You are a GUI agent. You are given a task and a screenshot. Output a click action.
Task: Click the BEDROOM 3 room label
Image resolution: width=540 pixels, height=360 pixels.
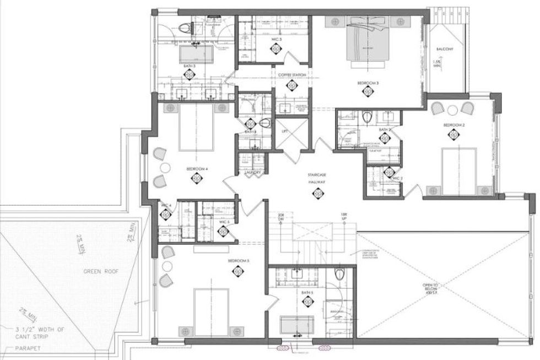[368, 83]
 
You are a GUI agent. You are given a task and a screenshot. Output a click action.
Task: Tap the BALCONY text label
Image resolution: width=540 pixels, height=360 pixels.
[445, 49]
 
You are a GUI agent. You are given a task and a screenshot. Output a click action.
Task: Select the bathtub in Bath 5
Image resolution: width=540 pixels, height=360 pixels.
[297, 325]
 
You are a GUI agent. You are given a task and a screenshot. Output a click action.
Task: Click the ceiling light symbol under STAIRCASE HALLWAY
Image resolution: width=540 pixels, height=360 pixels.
[317, 193]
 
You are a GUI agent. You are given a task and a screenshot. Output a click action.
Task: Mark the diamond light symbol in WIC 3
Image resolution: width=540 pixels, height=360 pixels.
[275, 49]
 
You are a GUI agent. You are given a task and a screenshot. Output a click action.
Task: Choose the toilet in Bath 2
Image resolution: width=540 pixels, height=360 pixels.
[368, 117]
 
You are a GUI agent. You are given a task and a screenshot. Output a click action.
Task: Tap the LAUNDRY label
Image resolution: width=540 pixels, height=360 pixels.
[253, 173]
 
